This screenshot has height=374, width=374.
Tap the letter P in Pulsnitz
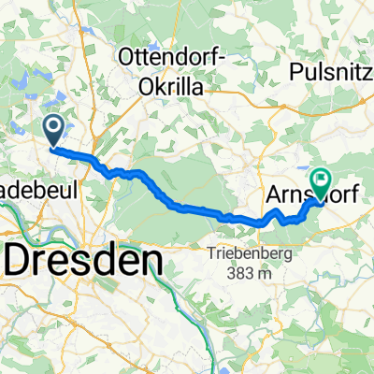click(296, 71)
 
